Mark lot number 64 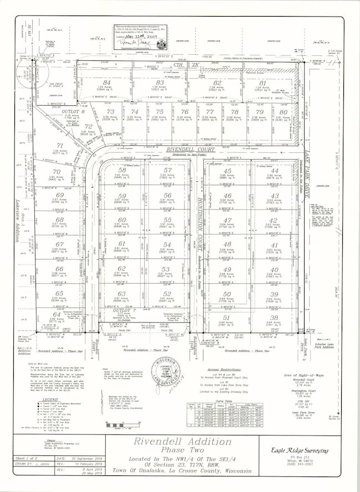click(x=56, y=315)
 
